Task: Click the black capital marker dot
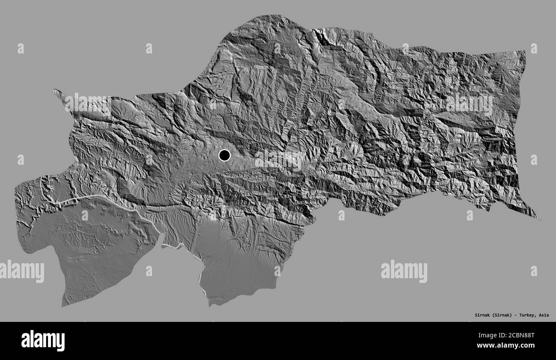point(224,155)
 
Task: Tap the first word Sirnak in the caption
point(472,315)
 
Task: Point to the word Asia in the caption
point(544,315)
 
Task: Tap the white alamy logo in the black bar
point(43,341)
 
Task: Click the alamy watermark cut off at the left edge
point(21,271)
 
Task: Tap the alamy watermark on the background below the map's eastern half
point(404,271)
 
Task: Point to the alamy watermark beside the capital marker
point(278,159)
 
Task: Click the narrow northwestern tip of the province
point(55,90)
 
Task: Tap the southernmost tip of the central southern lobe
point(210,305)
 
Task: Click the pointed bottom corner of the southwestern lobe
point(63,305)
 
